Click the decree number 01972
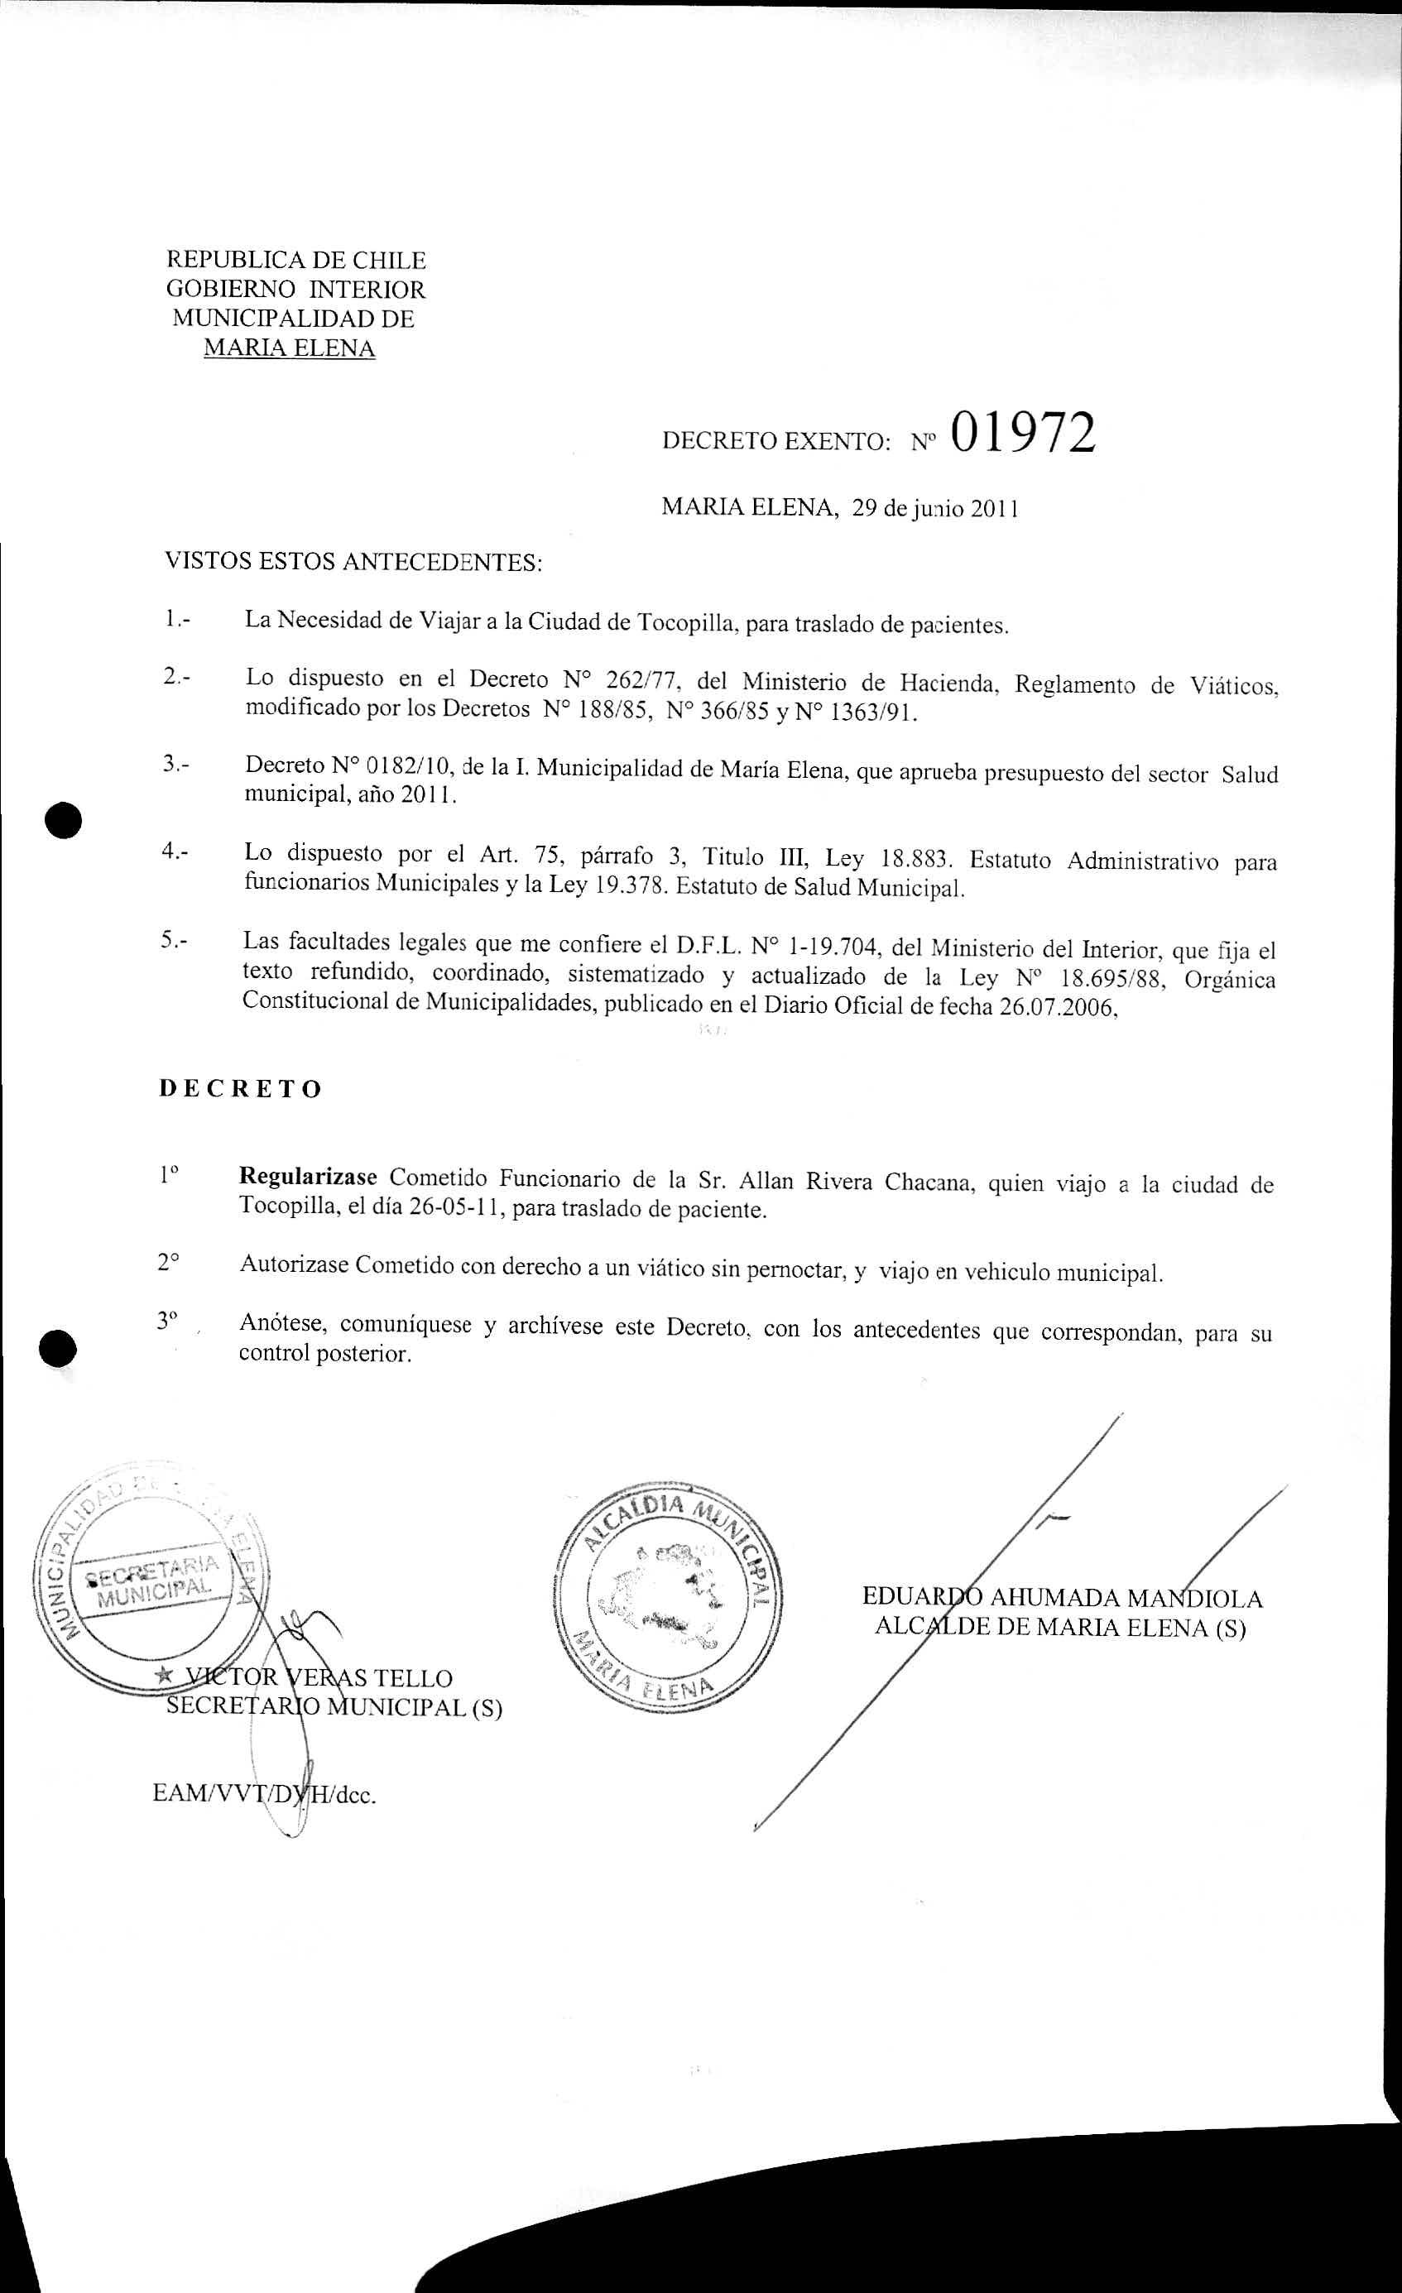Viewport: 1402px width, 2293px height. click(1023, 434)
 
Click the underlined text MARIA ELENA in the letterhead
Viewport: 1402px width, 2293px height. click(289, 349)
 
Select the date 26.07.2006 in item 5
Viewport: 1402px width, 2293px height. click(1057, 1008)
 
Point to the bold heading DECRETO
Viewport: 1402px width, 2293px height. click(240, 1089)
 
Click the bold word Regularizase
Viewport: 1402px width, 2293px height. click(308, 1176)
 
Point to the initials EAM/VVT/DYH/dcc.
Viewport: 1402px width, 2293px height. click(264, 1793)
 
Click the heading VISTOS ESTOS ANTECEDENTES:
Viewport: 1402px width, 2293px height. click(353, 562)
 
